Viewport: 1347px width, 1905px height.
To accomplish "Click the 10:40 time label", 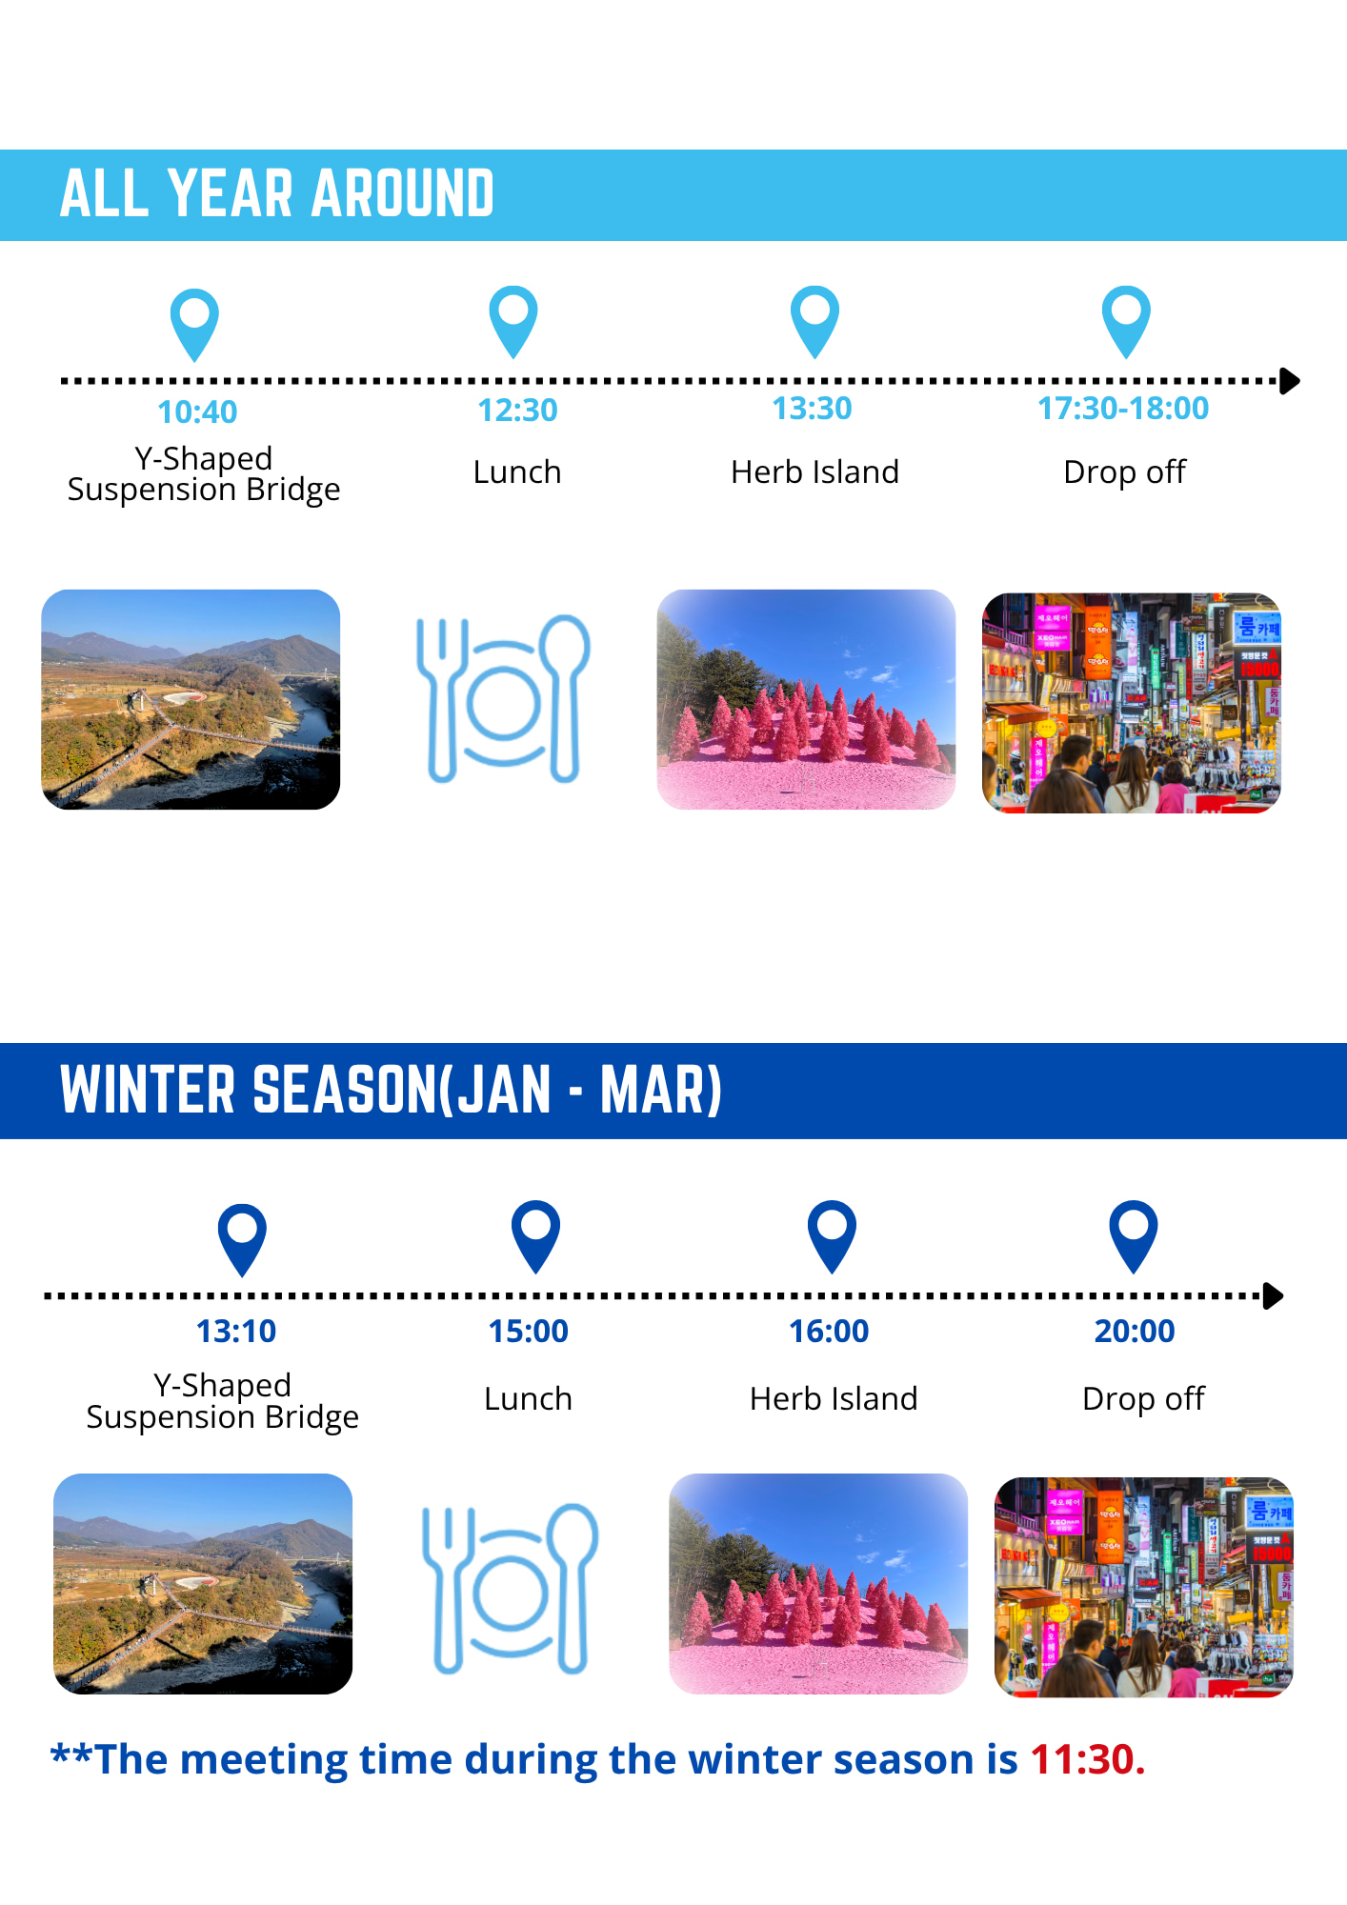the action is [197, 411].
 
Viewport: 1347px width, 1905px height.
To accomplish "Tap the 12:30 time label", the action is [517, 410].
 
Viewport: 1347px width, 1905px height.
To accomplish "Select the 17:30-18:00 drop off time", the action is [1123, 408].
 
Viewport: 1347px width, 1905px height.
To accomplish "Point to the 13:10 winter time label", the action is [236, 1331].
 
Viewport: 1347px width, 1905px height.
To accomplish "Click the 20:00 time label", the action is [1135, 1331].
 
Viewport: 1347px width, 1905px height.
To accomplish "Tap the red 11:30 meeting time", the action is [1087, 1759].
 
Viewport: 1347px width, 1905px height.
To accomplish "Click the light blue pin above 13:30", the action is [815, 321].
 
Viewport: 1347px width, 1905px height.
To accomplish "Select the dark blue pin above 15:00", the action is [536, 1236].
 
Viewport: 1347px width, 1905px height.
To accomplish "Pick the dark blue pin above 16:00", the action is [833, 1236].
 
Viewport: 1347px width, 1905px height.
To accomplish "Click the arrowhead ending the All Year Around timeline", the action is [1290, 381].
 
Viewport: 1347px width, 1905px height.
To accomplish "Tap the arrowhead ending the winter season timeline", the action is [1274, 1295].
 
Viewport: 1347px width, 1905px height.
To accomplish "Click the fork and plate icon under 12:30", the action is [503, 698].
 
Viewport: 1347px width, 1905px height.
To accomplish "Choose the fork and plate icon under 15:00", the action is [511, 1588].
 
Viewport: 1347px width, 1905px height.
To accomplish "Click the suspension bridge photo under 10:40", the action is [191, 699].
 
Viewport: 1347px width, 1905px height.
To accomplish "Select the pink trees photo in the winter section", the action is [818, 1583].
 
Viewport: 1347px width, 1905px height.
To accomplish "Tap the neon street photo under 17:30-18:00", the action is [1132, 703].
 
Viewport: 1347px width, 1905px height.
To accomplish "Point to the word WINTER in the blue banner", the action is [148, 1090].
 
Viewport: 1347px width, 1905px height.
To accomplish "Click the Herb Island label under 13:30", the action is [814, 471].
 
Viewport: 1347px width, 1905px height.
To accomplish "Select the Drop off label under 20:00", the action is [1143, 1398].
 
